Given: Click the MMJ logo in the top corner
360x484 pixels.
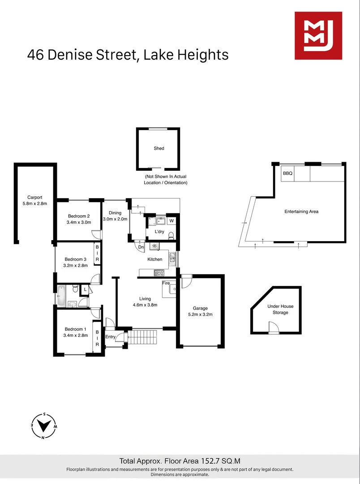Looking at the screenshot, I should (x=318, y=36).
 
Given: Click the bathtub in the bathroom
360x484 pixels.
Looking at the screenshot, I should (x=60, y=295).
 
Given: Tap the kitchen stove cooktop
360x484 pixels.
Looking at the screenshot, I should (x=159, y=272).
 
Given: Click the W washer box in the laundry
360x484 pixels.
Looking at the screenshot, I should (x=171, y=220).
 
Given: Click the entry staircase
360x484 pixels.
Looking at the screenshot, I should (x=143, y=337).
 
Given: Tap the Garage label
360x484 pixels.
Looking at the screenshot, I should (x=200, y=308).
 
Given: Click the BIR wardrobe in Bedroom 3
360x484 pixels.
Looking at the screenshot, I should (x=97, y=254).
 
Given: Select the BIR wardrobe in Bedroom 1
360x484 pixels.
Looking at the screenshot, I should (x=96, y=335).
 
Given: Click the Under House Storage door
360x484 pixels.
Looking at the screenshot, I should (x=273, y=330).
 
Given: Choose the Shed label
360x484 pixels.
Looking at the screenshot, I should (x=159, y=148).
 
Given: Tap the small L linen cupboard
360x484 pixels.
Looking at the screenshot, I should (x=85, y=290).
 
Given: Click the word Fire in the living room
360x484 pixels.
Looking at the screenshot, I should (x=166, y=283).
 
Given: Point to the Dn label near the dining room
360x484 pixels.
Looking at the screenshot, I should (x=141, y=246).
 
